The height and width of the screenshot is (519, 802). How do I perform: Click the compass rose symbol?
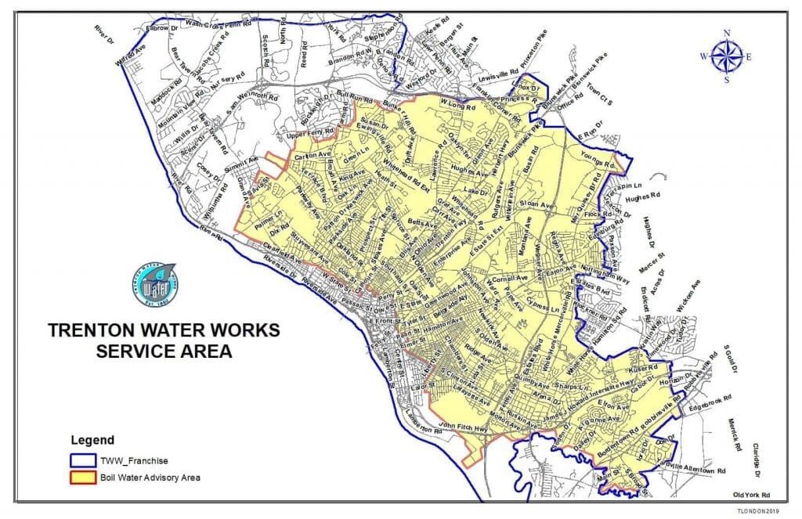click(x=727, y=56)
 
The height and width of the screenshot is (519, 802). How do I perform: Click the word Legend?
click(x=92, y=440)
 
